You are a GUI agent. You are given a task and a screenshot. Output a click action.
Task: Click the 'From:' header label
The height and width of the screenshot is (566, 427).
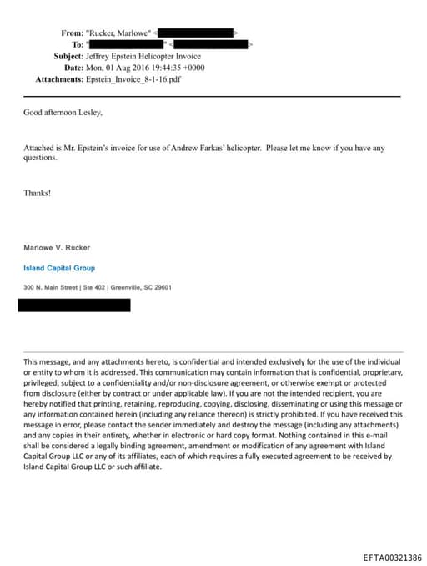(72, 33)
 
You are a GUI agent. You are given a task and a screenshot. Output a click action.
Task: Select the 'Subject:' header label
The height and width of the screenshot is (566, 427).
(68, 56)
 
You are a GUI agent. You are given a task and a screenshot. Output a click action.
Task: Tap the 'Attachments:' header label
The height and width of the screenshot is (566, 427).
(59, 79)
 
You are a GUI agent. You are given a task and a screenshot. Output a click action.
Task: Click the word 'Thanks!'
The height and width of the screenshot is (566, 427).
(37, 193)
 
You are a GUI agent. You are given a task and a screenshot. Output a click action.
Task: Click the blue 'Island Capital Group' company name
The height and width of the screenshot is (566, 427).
(58, 268)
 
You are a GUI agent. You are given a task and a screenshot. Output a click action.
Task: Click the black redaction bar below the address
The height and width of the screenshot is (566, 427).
(74, 306)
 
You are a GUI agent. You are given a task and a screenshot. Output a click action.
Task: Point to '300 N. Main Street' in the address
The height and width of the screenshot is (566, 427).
(49, 288)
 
